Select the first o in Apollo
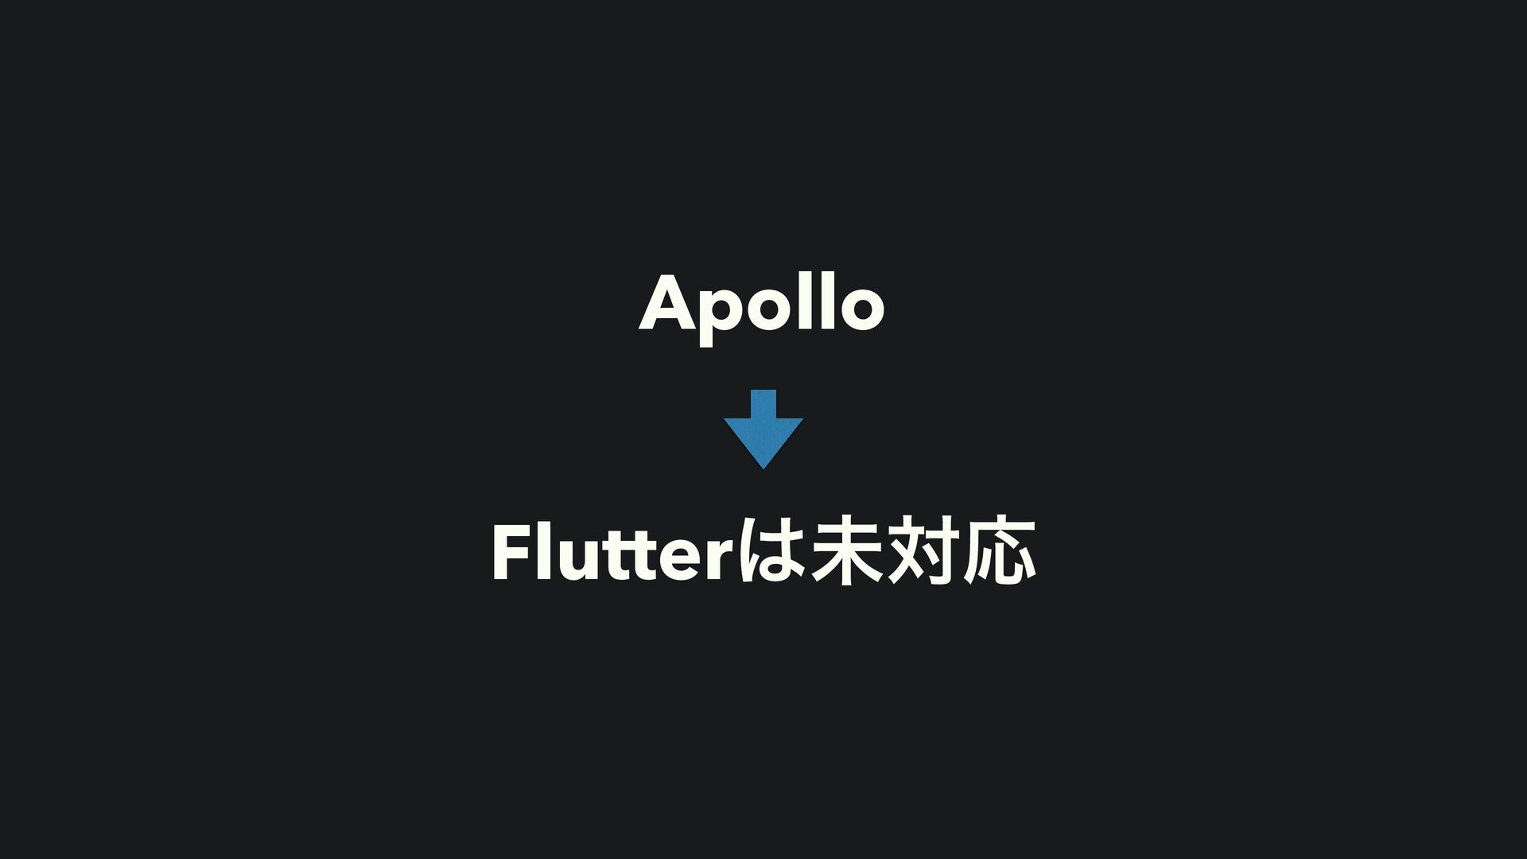click(764, 307)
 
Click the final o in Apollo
click(861, 307)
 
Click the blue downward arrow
click(763, 433)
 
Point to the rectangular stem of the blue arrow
click(763, 403)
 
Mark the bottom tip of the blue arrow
click(763, 467)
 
